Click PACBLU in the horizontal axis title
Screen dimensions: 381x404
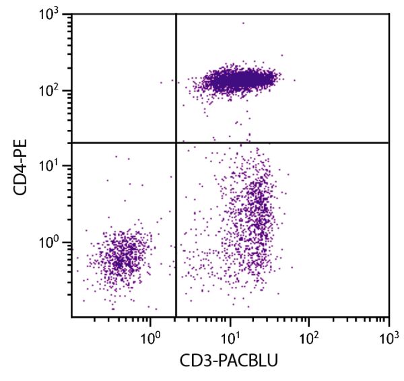pos(244,361)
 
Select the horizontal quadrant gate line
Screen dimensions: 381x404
pos(283,143)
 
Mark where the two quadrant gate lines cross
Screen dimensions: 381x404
pos(176,143)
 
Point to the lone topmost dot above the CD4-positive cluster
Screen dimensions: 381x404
pos(243,24)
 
